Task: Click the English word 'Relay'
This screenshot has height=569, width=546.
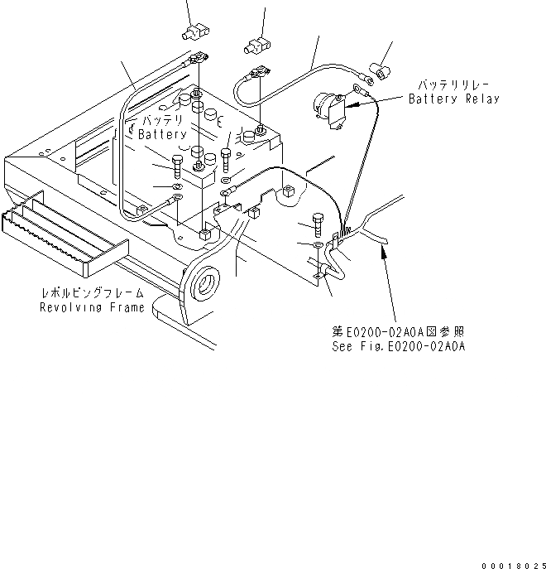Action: pos(479,99)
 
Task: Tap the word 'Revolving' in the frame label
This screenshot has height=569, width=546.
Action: pos(72,307)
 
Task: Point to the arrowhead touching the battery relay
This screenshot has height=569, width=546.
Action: pos(348,105)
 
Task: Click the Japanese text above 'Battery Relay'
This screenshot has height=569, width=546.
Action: pos(453,85)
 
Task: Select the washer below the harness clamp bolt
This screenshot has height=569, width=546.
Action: pos(319,246)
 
